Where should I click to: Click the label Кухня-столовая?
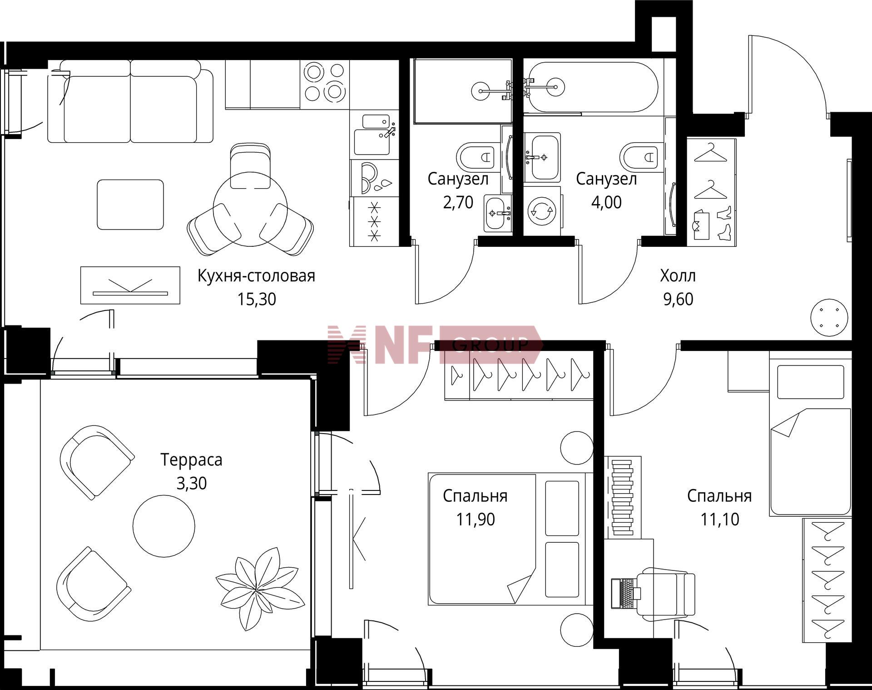coord(256,276)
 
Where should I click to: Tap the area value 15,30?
coord(257,300)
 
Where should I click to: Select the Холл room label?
coord(678,276)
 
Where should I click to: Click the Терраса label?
coord(191,460)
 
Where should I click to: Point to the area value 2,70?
coord(458,202)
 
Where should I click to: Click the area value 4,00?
coord(606,202)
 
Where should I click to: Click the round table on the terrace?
coord(164,526)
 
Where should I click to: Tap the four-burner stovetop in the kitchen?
coord(324,82)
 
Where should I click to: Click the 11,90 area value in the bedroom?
coord(476,519)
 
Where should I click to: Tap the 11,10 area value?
coord(719,519)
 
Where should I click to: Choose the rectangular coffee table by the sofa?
coord(130,205)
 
